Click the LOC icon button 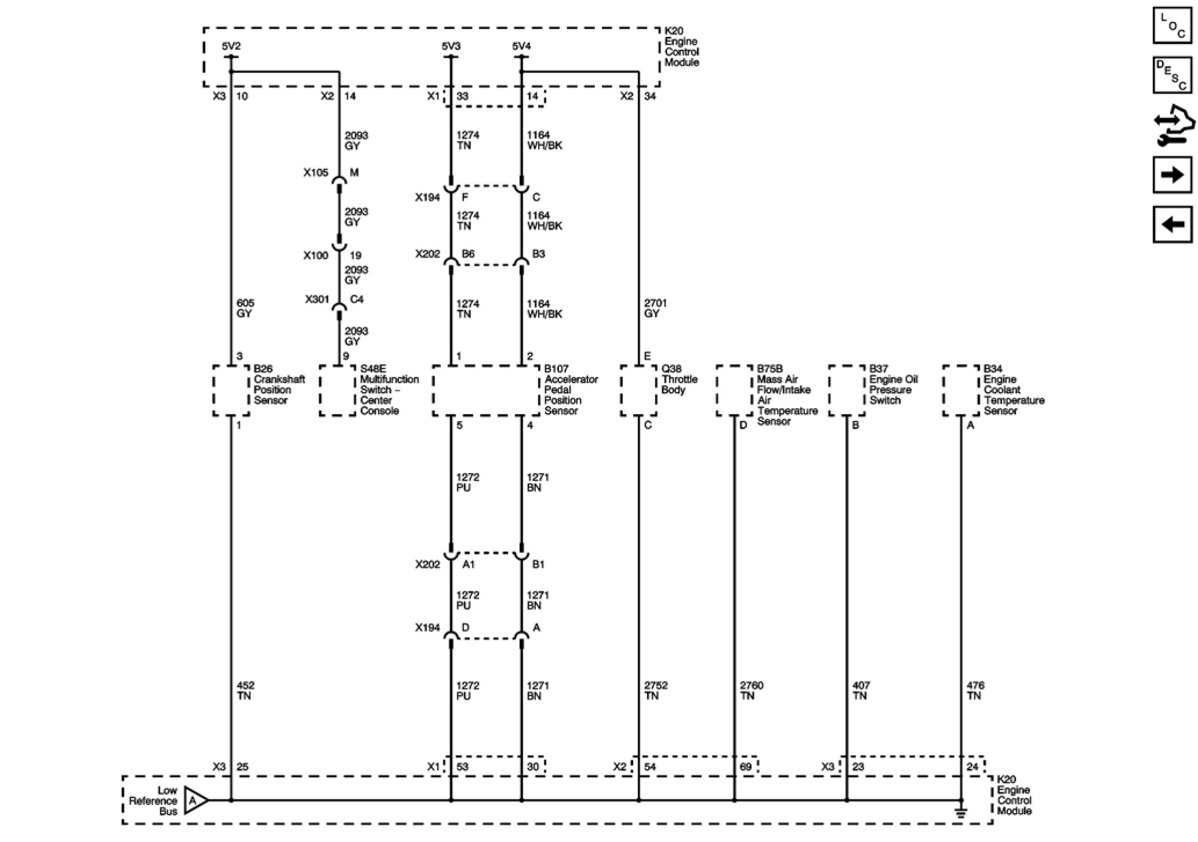[1172, 25]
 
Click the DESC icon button [1172, 75]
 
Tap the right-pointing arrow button [1172, 174]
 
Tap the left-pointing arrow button [1172, 224]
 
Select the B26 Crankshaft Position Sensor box [231, 390]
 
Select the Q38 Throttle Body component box [638, 390]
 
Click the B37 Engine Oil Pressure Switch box [846, 390]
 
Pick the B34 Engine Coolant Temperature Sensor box [961, 390]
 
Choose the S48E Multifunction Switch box [338, 390]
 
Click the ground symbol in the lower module [961, 812]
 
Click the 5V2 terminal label [231, 46]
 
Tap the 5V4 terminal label [521, 46]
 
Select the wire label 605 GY [244, 308]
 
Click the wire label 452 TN [245, 690]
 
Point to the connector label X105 [316, 173]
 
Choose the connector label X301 [317, 299]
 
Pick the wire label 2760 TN [751, 690]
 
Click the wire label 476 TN [975, 690]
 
